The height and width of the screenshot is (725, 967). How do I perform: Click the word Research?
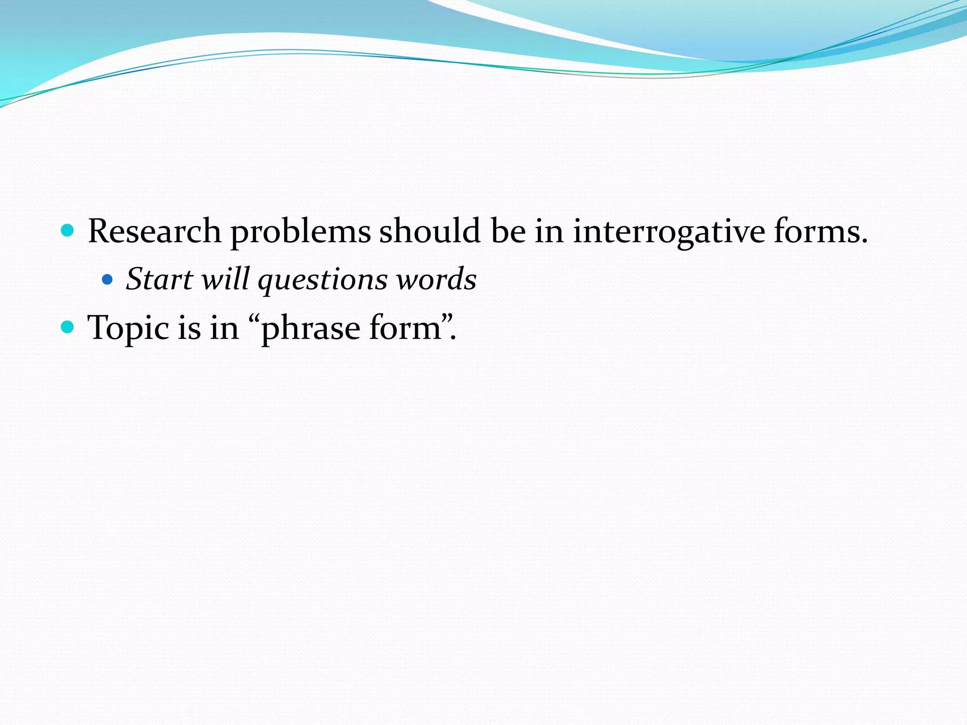pyautogui.click(x=154, y=231)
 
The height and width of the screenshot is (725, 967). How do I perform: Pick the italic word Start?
pyautogui.click(x=160, y=279)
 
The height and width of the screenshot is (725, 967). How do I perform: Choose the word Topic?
pyautogui.click(x=128, y=329)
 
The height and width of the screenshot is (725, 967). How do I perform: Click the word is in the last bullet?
pyautogui.click(x=189, y=328)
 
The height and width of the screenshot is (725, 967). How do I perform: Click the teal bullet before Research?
pyautogui.click(x=68, y=230)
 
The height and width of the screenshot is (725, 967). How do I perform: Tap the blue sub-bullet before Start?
pyautogui.click(x=107, y=279)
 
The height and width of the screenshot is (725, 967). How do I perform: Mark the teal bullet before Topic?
pyautogui.click(x=68, y=327)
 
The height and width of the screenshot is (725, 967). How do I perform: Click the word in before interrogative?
pyautogui.click(x=549, y=231)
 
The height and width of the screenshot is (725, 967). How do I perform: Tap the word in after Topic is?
pyautogui.click(x=224, y=328)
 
